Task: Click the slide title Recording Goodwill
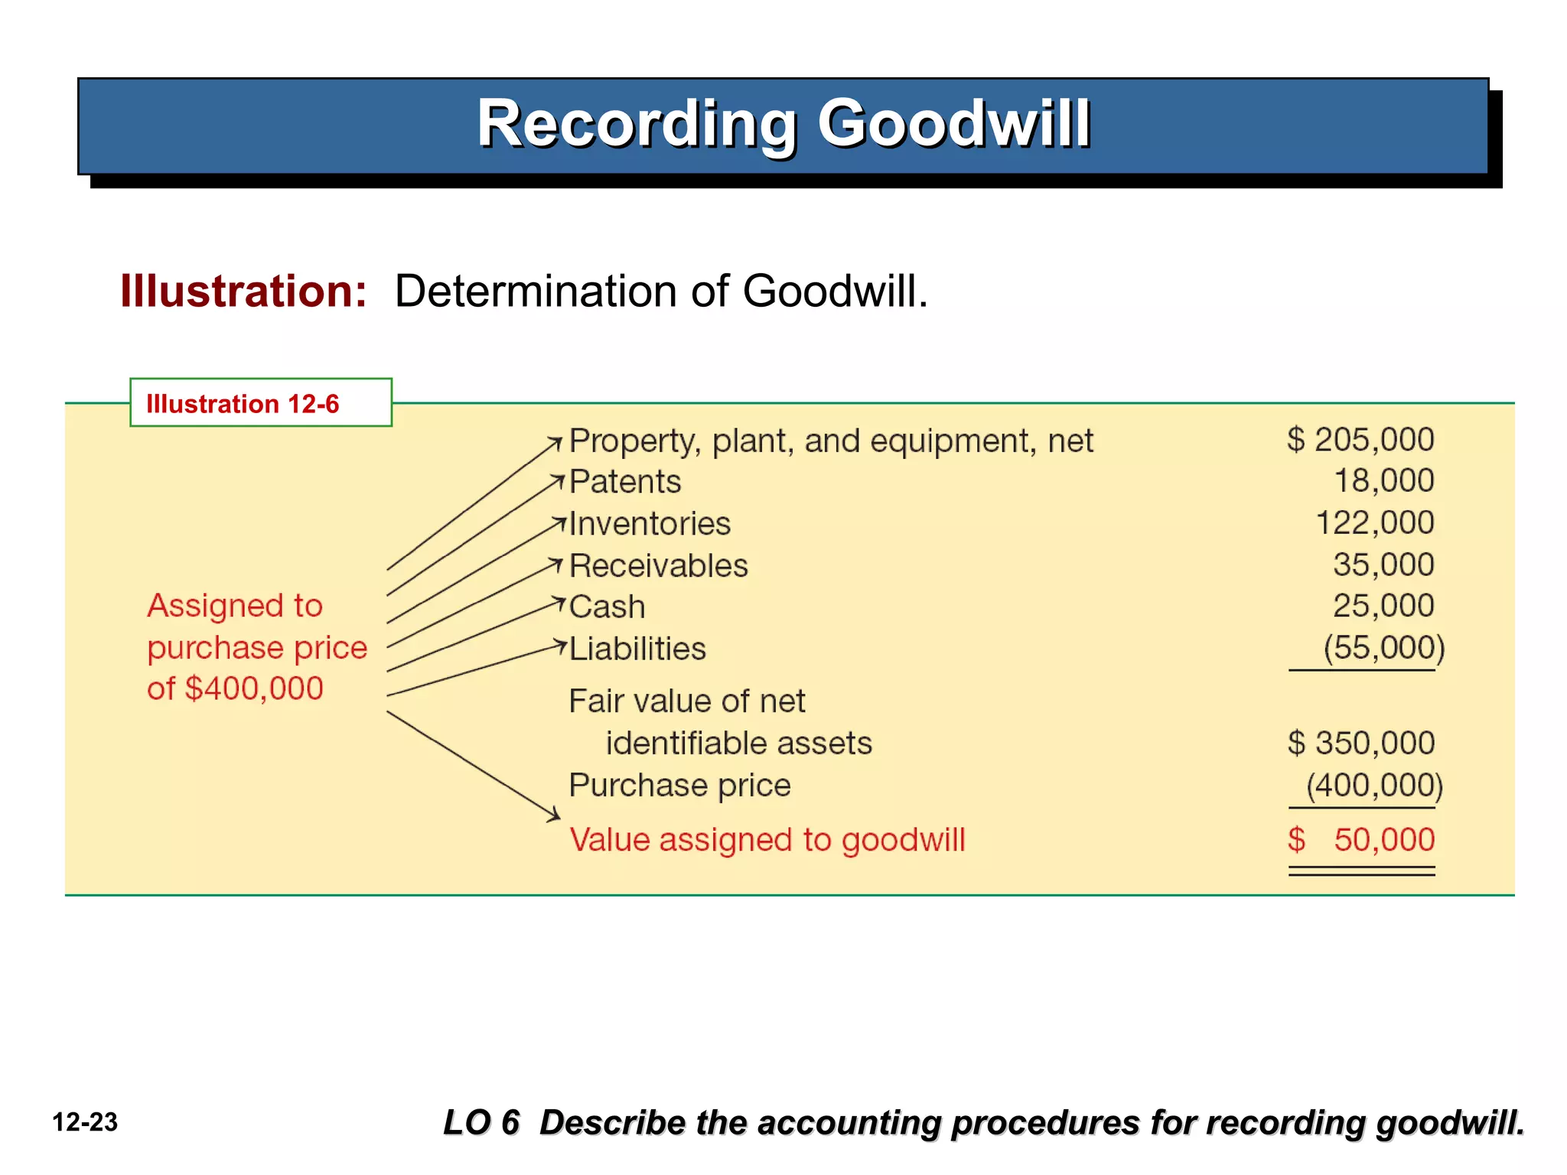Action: (x=783, y=124)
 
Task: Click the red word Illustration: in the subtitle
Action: (x=243, y=291)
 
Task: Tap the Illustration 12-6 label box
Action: (x=260, y=402)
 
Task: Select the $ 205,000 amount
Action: (x=1360, y=440)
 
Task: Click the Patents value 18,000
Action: (x=1383, y=481)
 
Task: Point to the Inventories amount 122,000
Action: (x=1374, y=523)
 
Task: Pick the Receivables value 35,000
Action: (x=1383, y=565)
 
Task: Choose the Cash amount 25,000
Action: (x=1383, y=606)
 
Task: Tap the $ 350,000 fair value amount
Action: (x=1360, y=743)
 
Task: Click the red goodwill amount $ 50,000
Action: (x=1360, y=840)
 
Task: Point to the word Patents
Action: (x=625, y=482)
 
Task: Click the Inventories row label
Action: (x=650, y=524)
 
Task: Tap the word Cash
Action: (x=608, y=607)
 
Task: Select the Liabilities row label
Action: (x=637, y=649)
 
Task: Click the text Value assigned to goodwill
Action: (x=767, y=840)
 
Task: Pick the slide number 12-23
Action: (x=85, y=1122)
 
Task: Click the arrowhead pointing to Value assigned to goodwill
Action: (x=555, y=816)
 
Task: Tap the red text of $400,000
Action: (x=235, y=688)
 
